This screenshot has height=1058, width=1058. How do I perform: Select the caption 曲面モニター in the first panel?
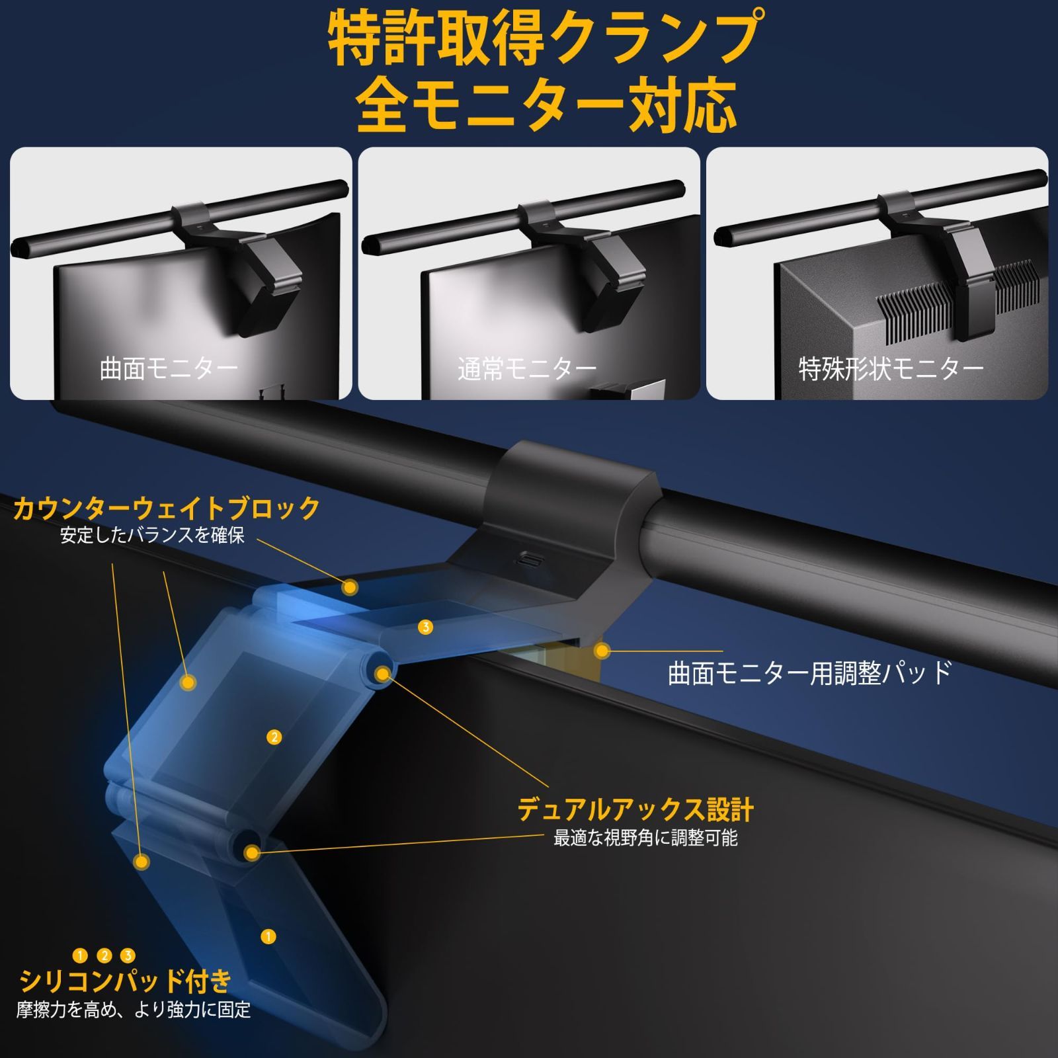click(x=169, y=369)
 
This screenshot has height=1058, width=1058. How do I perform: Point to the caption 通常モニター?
click(x=527, y=369)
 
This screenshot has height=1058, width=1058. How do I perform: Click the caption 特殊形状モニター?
click(x=891, y=369)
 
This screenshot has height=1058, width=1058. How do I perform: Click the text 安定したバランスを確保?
click(x=153, y=536)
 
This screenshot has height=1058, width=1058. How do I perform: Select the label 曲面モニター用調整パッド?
click(x=809, y=673)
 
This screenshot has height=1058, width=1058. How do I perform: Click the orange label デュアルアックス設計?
click(x=635, y=809)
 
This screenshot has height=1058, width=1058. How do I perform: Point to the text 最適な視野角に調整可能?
click(x=645, y=838)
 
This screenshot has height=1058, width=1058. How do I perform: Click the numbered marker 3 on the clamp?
click(x=426, y=627)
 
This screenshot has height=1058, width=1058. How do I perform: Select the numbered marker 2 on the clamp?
click(x=274, y=737)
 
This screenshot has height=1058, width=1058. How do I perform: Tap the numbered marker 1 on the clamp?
click(x=268, y=936)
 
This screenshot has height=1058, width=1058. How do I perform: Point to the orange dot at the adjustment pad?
click(x=601, y=651)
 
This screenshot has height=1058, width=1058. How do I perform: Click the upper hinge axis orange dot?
click(x=382, y=674)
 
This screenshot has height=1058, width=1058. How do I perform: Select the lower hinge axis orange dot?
click(x=251, y=852)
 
